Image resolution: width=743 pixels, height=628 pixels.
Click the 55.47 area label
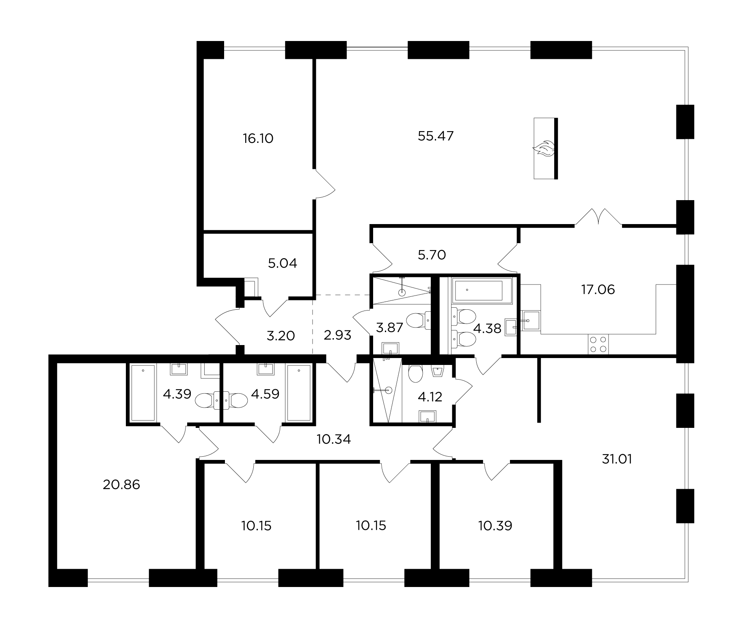tap(436, 136)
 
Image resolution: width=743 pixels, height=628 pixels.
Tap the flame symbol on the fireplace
tap(543, 149)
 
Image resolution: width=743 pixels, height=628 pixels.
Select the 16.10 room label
tap(258, 139)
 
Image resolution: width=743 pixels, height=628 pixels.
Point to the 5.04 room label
tap(283, 263)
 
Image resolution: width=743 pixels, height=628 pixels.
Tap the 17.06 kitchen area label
tap(598, 289)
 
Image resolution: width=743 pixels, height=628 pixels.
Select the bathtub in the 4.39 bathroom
tap(143, 393)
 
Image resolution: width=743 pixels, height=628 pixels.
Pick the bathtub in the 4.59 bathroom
tap(299, 393)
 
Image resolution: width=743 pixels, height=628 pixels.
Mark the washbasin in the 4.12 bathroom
tap(428, 417)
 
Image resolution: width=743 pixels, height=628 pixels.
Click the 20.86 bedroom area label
tap(121, 485)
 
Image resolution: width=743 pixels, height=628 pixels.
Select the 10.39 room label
tap(495, 526)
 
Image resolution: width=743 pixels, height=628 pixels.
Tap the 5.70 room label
tap(432, 255)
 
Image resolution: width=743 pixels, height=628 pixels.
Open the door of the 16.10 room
tap(325, 185)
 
